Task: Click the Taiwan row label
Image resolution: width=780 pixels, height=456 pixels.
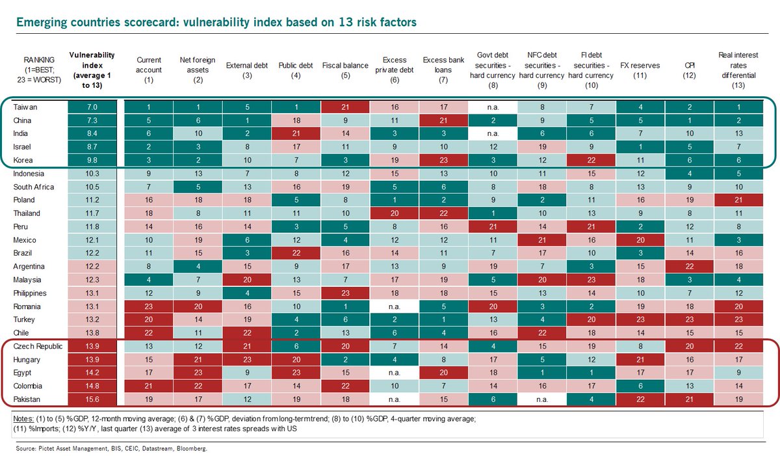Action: pos(25,107)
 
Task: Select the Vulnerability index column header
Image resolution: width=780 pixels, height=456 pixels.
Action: pos(92,70)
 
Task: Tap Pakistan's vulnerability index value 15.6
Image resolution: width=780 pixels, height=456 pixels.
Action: pos(92,399)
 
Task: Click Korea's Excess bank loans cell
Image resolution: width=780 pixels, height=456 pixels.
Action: pos(443,160)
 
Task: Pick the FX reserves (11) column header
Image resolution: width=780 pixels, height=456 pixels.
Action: pos(640,70)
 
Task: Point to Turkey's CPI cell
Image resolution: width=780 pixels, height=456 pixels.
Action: pos(690,319)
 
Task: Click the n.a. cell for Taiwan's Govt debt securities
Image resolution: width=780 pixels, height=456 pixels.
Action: pos(493,107)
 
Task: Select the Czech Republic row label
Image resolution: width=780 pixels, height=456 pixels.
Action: pos(38,346)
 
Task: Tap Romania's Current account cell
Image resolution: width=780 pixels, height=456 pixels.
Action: pos(149,306)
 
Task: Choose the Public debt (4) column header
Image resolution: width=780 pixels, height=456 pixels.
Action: pos(296,70)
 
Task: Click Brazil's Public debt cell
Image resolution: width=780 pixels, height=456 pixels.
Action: pos(296,253)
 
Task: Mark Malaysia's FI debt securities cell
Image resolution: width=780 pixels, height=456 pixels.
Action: pos(591,280)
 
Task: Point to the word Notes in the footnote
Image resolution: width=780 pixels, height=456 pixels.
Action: pos(23,419)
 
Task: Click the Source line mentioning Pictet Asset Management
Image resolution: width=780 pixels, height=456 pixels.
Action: pos(111,448)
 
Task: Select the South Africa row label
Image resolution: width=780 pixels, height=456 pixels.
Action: pos(33,187)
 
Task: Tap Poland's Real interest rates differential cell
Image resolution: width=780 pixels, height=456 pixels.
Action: pos(738,200)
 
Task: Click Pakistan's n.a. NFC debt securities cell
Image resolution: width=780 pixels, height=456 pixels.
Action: pos(542,399)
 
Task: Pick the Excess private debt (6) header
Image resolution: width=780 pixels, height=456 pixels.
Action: pos(394,70)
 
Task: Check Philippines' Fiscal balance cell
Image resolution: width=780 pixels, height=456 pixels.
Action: pos(345,293)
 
